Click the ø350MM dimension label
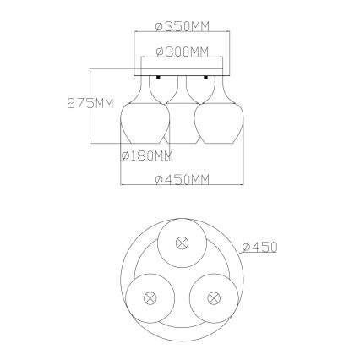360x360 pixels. click(x=182, y=26)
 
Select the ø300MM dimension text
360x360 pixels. click(x=182, y=52)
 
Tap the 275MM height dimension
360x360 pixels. click(x=90, y=104)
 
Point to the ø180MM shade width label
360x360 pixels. click(x=147, y=155)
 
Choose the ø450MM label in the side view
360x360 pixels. click(x=182, y=179)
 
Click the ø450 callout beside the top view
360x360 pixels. click(x=259, y=247)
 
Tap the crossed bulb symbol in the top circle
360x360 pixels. click(x=181, y=243)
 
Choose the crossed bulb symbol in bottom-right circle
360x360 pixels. click(x=211, y=297)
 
